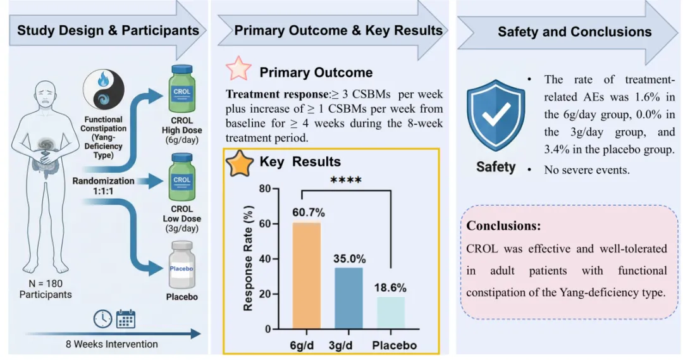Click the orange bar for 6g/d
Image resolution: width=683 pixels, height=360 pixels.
click(x=306, y=276)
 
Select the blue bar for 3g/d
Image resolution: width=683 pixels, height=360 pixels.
click(x=350, y=298)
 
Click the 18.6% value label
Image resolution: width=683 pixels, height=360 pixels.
click(x=390, y=287)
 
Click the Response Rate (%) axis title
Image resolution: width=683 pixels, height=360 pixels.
click(x=249, y=258)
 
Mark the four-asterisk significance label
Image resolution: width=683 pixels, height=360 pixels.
click(x=346, y=181)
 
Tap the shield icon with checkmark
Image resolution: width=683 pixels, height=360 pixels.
click(x=496, y=118)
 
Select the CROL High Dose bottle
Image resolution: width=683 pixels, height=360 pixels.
click(x=182, y=90)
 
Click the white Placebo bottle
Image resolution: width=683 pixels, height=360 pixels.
click(x=182, y=265)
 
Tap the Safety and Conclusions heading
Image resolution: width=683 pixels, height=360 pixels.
click(x=574, y=32)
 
